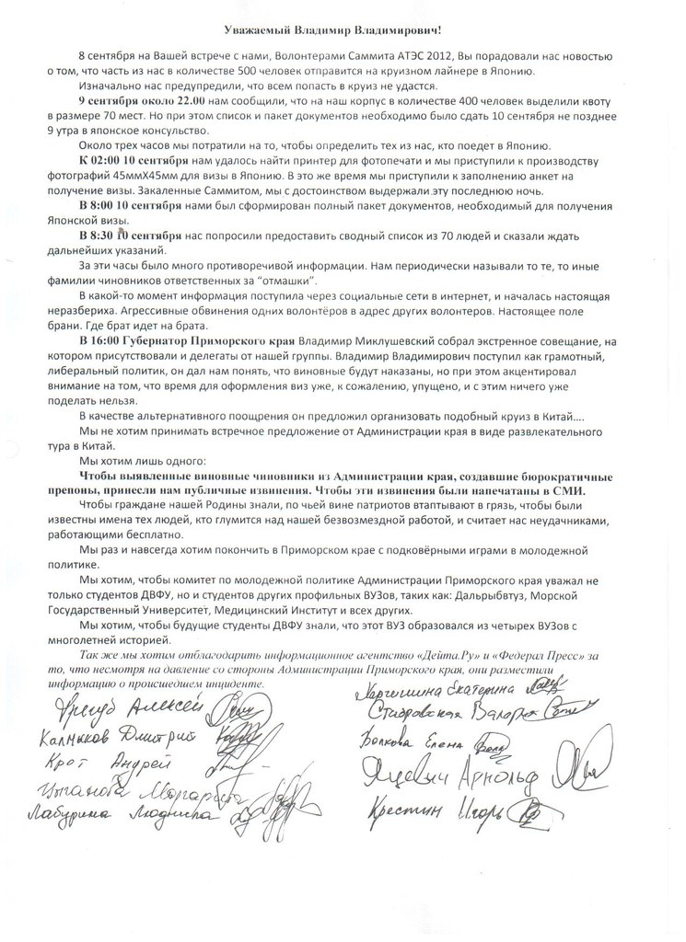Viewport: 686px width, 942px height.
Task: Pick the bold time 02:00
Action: (x=111, y=160)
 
